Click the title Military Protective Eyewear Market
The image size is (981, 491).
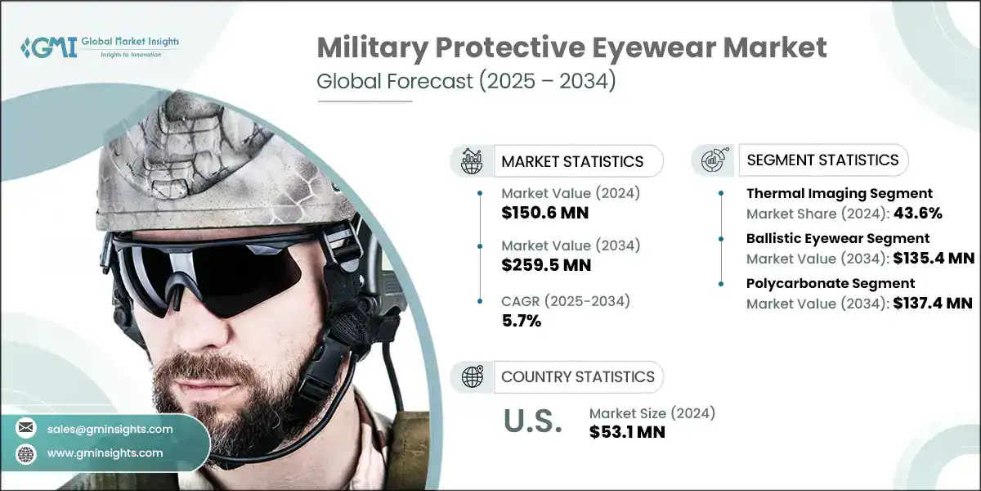[x=571, y=47]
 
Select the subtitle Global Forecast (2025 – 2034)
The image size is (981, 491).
[x=466, y=82]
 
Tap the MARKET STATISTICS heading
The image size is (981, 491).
[x=572, y=161]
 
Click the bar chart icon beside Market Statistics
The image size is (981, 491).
[x=472, y=161]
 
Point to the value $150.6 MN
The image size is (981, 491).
[x=545, y=213]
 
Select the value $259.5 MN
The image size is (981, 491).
[x=545, y=265]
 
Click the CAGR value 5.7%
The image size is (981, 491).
[x=522, y=321]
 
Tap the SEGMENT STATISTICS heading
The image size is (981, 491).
[x=822, y=160]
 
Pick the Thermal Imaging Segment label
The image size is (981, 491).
[x=839, y=194]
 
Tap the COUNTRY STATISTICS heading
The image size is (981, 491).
[x=577, y=376]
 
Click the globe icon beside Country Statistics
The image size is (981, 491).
[x=472, y=376]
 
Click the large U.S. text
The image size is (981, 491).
[x=532, y=421]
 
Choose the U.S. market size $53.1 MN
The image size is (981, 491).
[x=627, y=431]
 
